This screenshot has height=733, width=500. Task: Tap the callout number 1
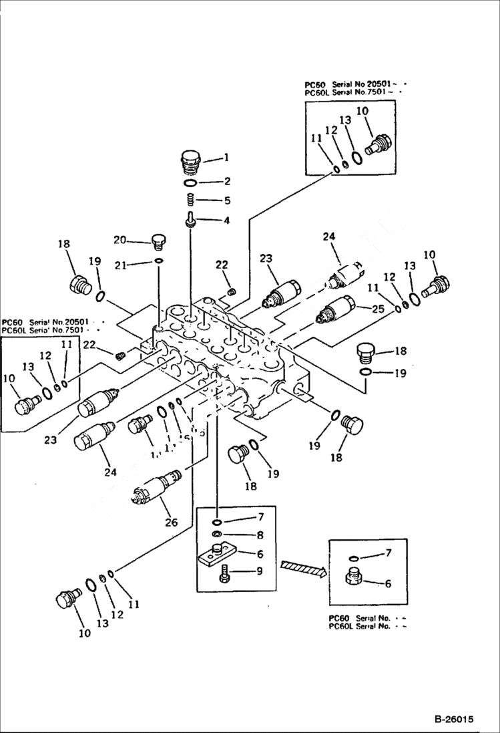coord(226,158)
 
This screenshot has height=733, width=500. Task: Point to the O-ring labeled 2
coord(190,182)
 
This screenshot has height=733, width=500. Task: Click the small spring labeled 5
coord(190,199)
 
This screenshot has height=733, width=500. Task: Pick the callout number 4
coord(226,220)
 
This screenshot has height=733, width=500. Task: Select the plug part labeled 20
coord(158,241)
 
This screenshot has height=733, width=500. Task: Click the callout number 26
coord(171,522)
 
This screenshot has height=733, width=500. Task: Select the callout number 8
coord(241,535)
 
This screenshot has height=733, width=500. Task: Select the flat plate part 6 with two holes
coord(217,555)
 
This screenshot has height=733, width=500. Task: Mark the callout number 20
coord(119,240)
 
